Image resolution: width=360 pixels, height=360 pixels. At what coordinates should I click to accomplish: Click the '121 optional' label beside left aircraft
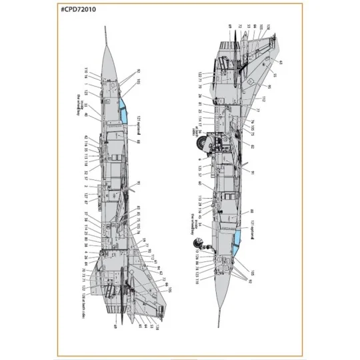(141, 124)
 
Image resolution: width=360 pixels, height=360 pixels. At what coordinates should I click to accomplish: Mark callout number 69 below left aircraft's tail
(115, 327)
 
